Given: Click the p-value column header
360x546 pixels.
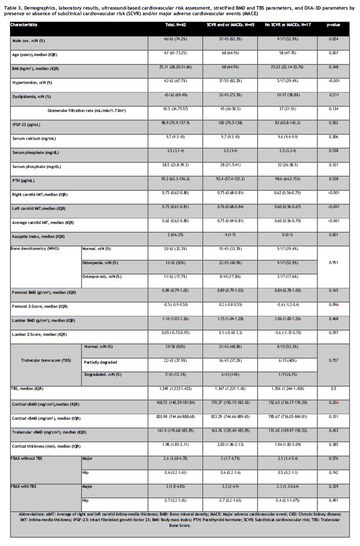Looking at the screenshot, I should point(333,25).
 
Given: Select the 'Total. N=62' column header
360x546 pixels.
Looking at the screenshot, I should point(176,25).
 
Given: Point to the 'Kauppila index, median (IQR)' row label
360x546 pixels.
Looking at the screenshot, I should point(38,236).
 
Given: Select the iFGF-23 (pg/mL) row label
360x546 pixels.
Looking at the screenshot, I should point(26,124).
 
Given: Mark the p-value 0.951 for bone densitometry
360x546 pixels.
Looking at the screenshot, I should point(333,263).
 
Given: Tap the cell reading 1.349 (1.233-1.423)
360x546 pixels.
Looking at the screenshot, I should point(176,388).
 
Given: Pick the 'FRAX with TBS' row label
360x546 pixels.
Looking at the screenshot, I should point(27,487).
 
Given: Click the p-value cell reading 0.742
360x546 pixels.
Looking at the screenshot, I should point(333,472).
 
